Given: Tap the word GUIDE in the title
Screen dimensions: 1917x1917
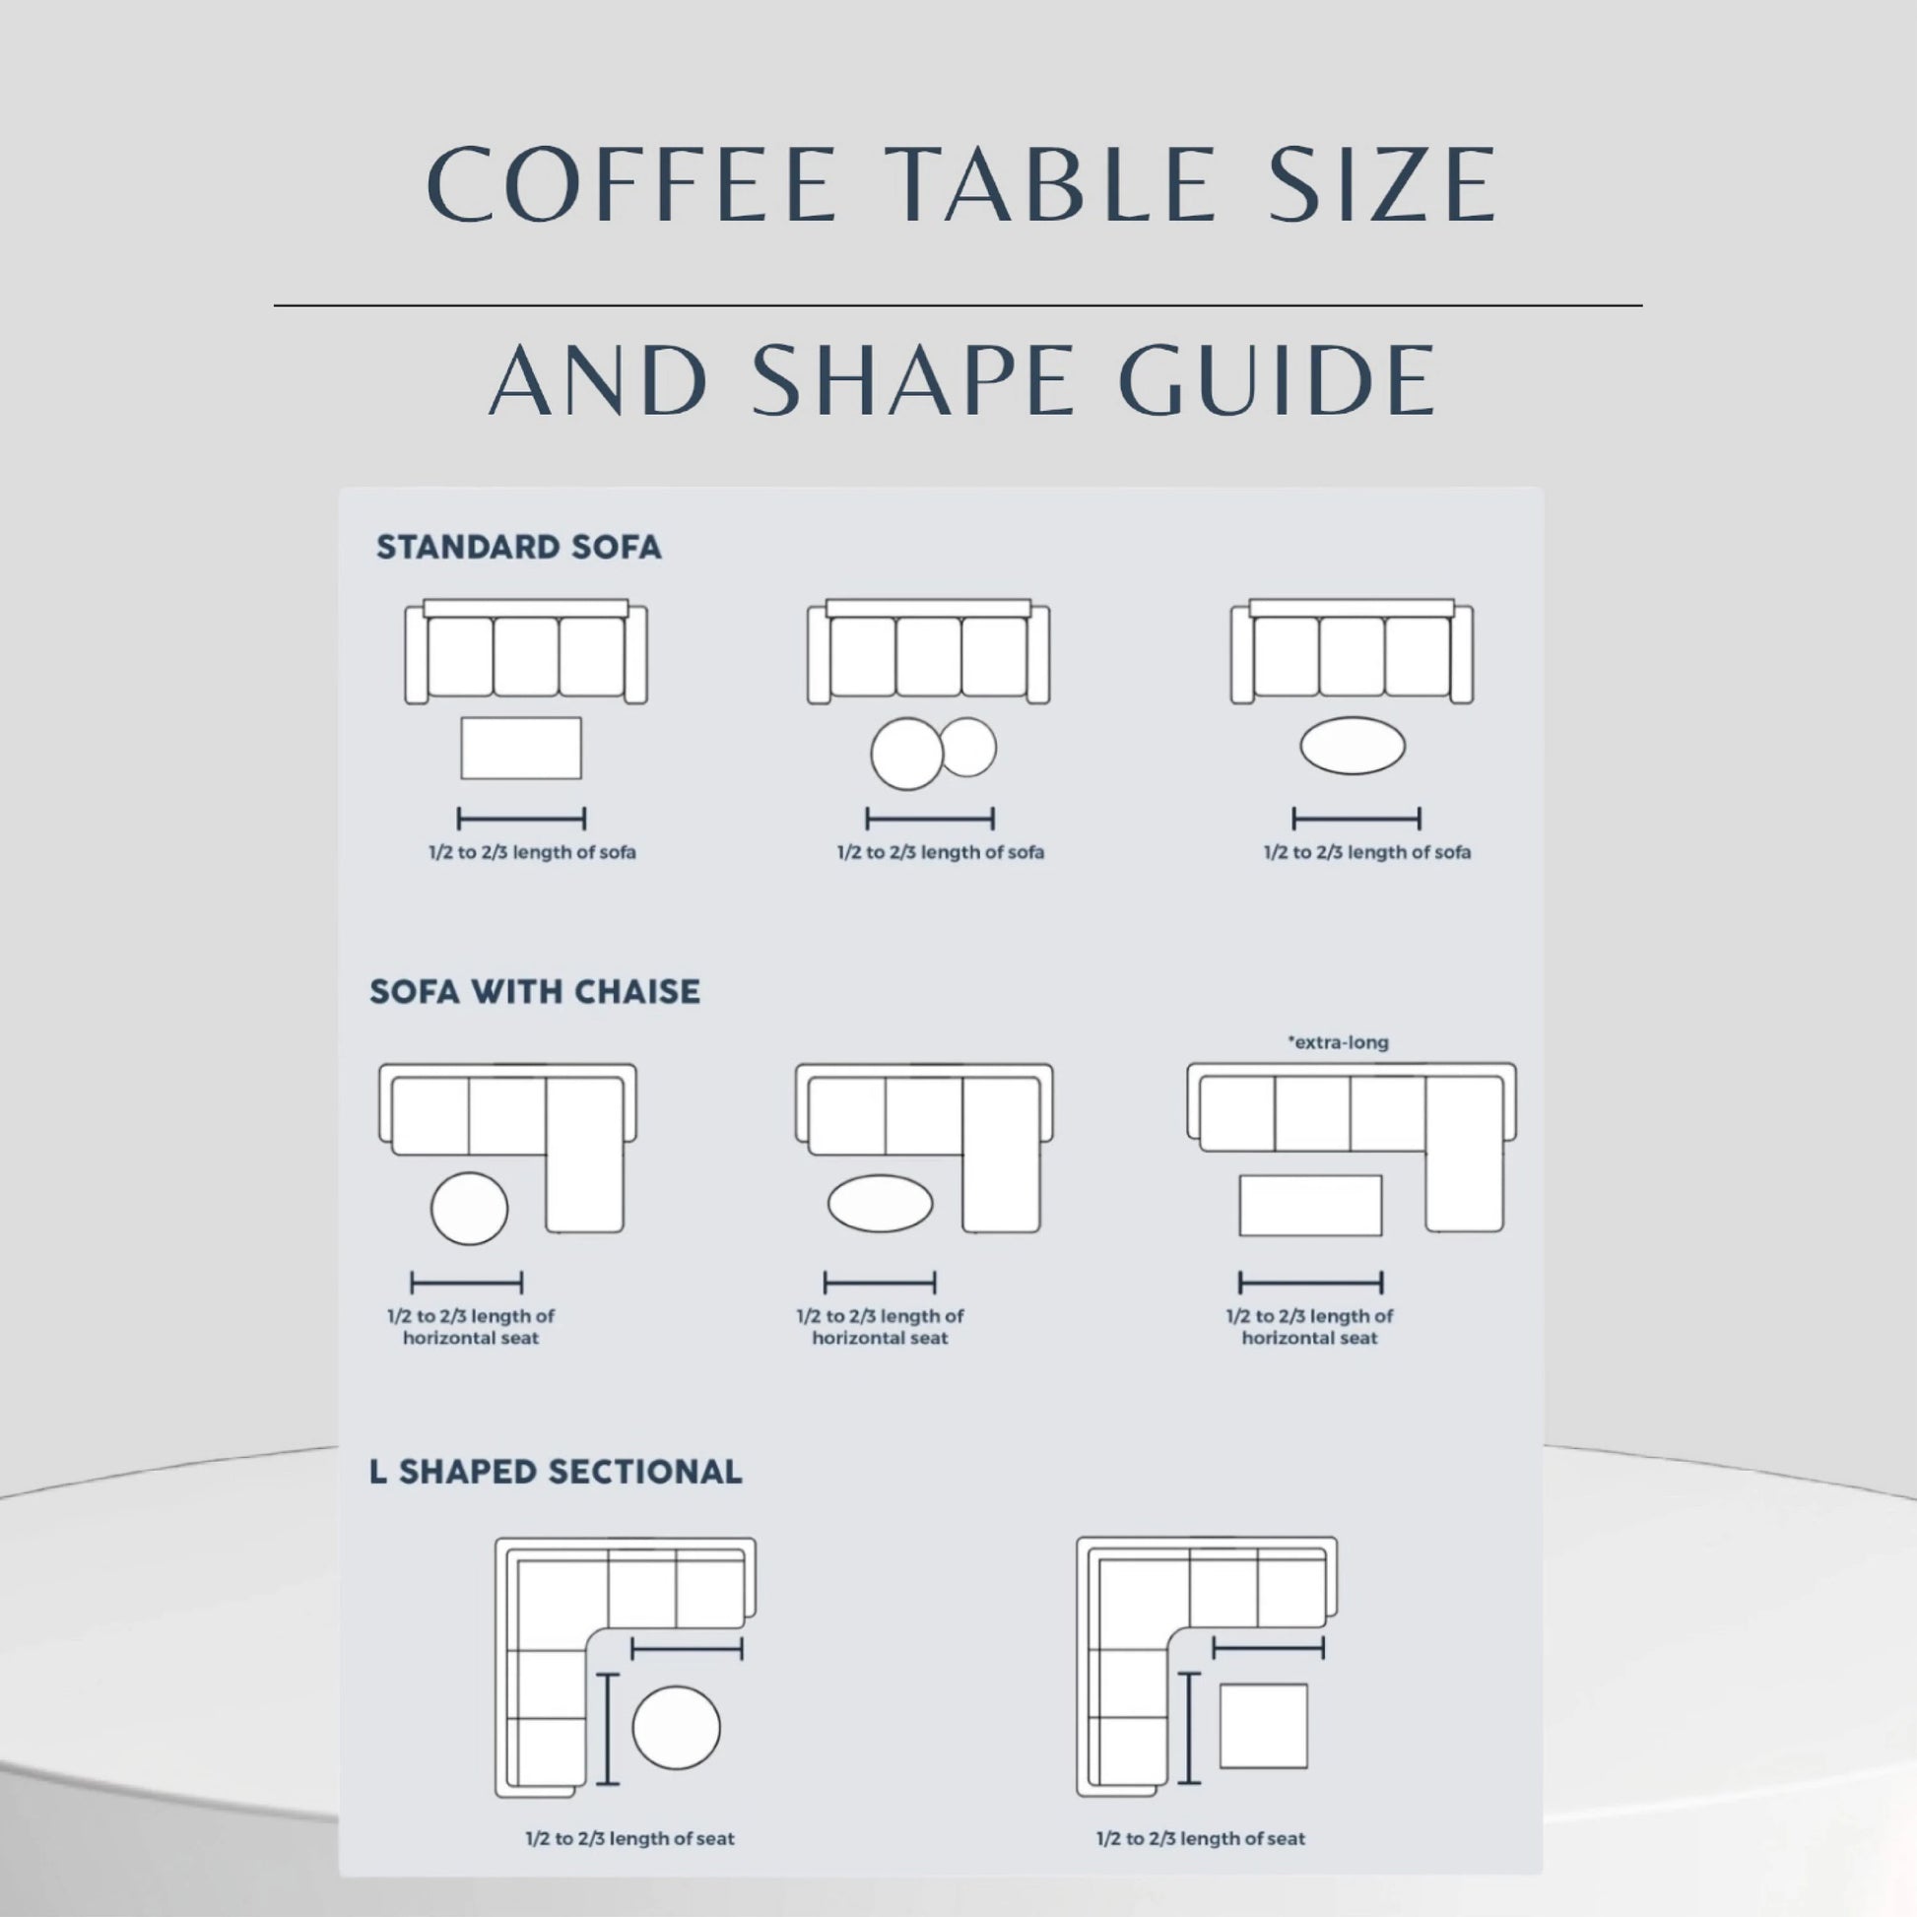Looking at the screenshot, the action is [1278, 380].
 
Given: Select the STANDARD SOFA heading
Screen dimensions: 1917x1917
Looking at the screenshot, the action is [518, 548].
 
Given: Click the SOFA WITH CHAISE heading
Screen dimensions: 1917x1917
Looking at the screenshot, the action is [535, 991].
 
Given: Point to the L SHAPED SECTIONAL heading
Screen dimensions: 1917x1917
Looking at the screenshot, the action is [556, 1472].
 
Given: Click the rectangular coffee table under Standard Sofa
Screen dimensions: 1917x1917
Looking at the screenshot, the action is [521, 748].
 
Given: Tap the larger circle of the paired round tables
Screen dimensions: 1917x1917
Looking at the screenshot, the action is [907, 755].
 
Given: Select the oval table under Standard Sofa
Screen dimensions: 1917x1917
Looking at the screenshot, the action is [1353, 745].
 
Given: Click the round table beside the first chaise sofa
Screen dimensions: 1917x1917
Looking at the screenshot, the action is [469, 1208].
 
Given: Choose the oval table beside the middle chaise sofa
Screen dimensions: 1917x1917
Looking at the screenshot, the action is [880, 1204].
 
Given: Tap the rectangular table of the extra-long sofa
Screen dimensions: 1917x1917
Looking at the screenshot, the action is [1310, 1206].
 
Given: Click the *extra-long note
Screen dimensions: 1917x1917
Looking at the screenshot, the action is [1338, 1043].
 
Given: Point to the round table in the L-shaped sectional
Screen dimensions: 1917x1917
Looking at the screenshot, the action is [676, 1728].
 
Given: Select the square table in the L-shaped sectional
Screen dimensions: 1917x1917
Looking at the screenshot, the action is [1263, 1726].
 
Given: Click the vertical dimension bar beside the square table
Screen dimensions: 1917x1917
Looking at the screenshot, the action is [1189, 1728].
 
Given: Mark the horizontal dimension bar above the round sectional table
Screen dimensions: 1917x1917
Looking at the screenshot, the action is [687, 1649].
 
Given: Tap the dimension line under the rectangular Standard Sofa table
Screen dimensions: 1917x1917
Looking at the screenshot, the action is [521, 819].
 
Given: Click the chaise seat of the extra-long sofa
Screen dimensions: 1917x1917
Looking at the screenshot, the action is [1465, 1155].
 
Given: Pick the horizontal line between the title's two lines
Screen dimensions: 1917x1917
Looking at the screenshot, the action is [958, 305].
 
